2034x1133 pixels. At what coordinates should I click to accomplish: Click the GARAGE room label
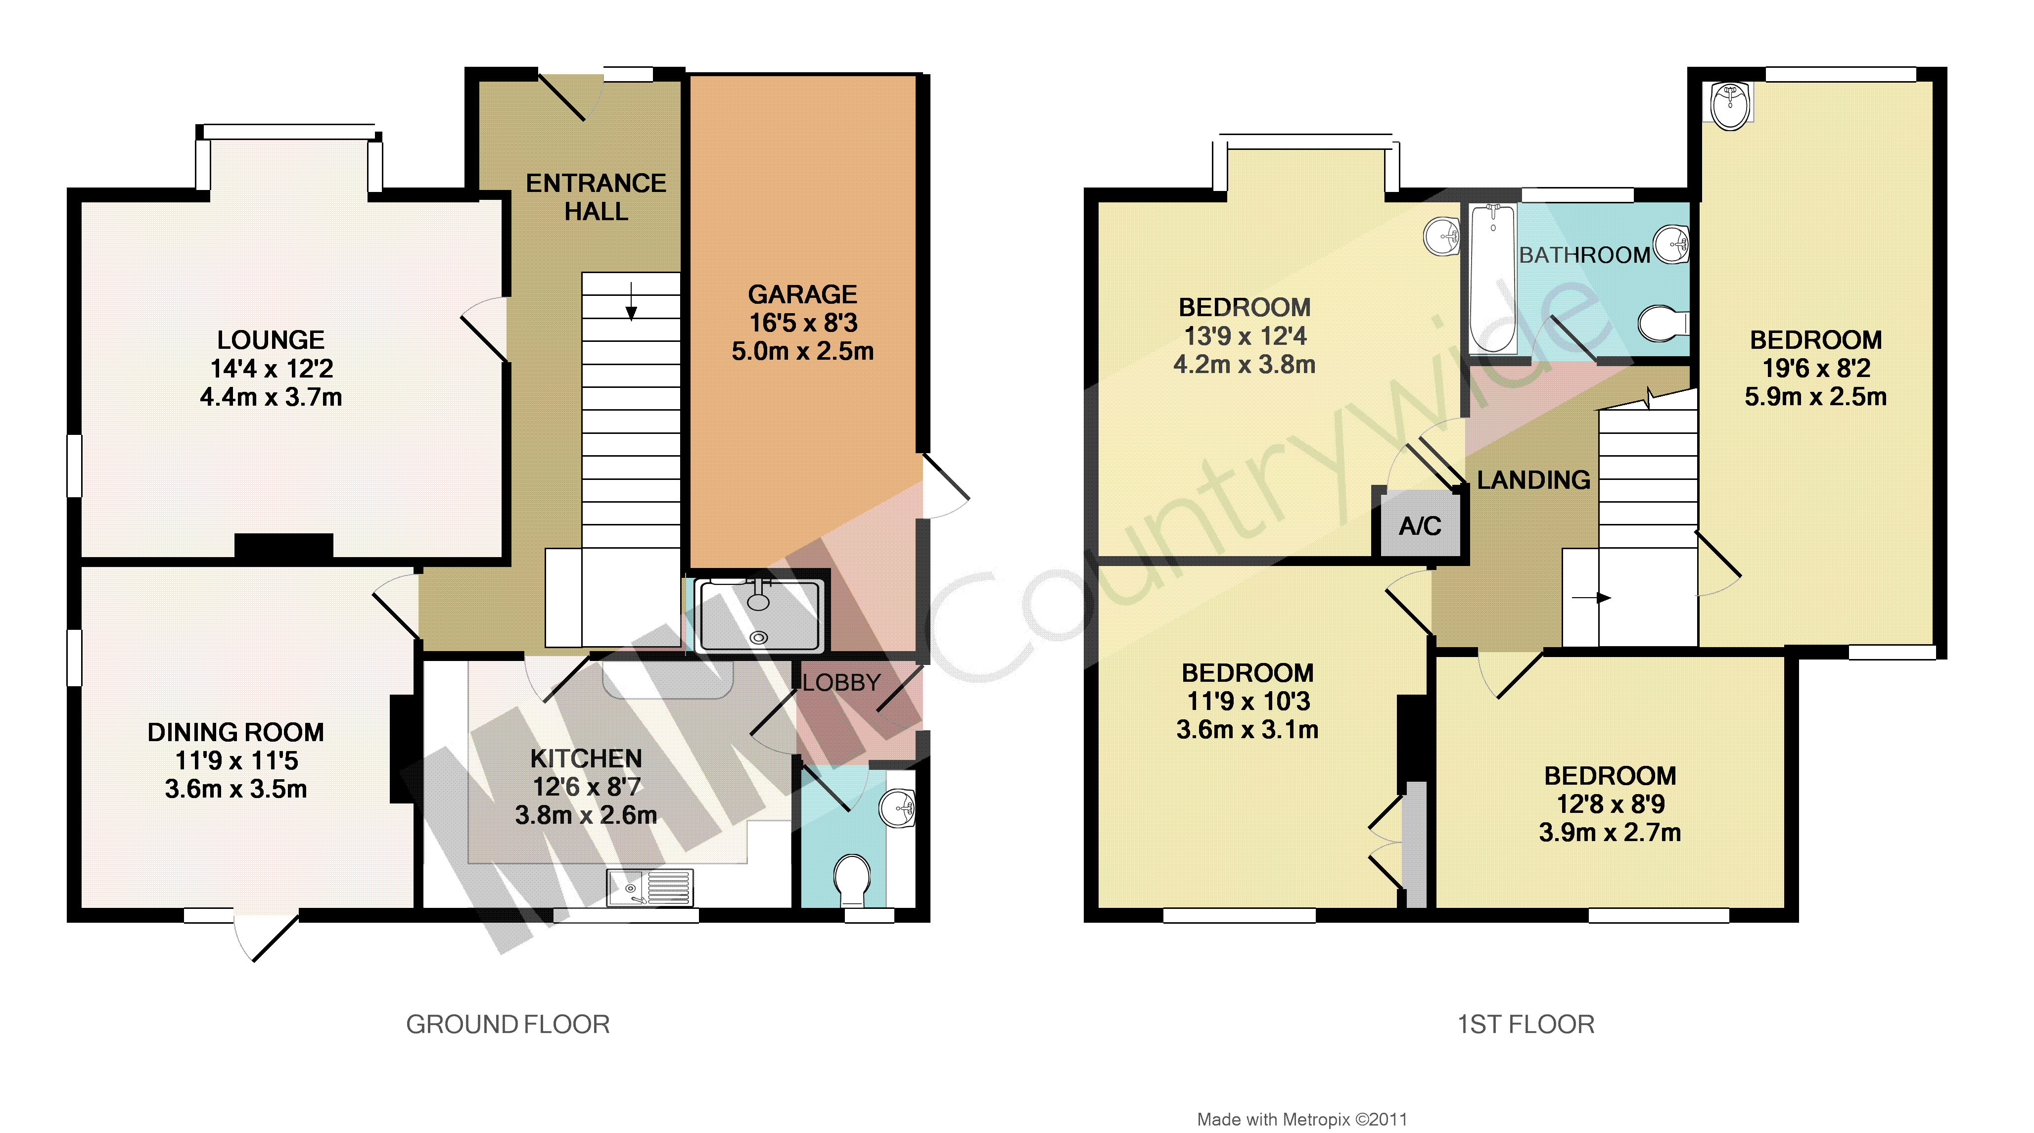802,294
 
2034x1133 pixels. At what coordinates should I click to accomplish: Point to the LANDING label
1533,480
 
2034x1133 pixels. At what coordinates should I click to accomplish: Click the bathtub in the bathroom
1492,279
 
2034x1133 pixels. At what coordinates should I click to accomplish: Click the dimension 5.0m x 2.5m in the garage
802,351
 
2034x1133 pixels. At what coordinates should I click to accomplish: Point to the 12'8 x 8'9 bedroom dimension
1610,804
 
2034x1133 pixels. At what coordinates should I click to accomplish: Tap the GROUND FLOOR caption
508,1025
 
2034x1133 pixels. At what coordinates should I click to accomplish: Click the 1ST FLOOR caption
1525,1025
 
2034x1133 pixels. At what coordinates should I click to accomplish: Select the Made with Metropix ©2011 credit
1302,1120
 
